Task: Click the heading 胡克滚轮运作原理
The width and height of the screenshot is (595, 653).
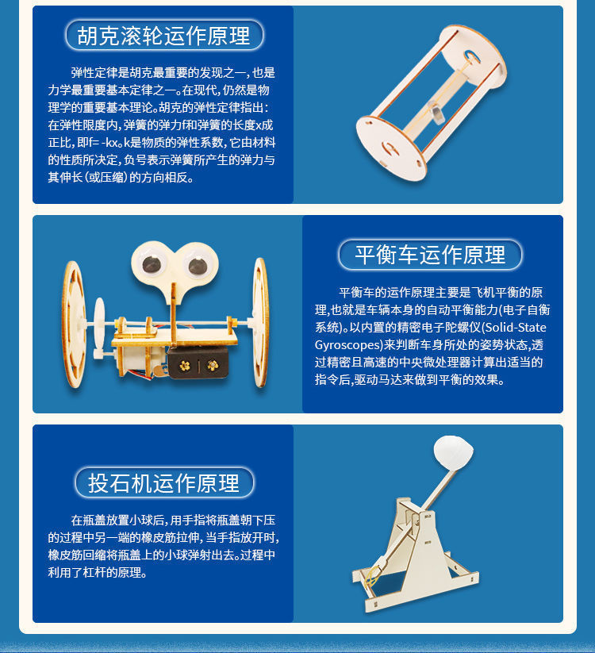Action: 163,36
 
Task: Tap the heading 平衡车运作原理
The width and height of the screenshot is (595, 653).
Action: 430,255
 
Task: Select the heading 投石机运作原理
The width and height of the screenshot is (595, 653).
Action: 163,483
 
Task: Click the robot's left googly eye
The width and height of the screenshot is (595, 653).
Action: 152,263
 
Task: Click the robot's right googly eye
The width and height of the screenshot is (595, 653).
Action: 198,266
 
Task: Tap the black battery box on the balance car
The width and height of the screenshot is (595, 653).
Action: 198,363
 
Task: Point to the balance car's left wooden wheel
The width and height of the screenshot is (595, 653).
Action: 74,325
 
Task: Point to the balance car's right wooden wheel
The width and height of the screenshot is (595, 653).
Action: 261,323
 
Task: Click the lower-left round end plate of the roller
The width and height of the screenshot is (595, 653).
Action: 391,148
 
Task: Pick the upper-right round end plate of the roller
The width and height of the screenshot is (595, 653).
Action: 474,58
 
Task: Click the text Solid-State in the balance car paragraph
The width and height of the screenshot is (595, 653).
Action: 516,328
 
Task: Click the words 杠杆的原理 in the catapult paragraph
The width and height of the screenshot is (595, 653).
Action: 112,573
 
